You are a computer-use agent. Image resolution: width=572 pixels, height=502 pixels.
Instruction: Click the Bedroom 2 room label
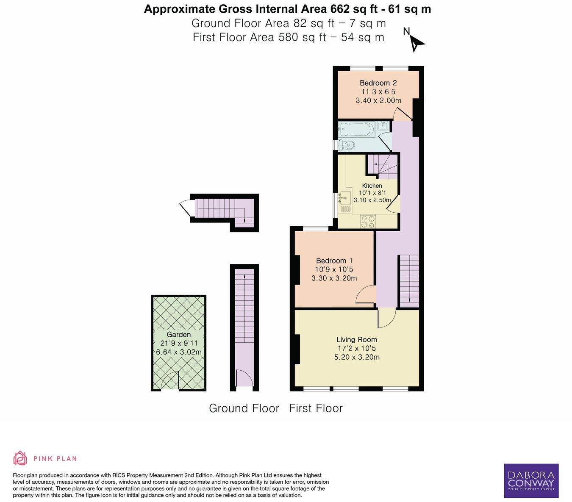(x=378, y=83)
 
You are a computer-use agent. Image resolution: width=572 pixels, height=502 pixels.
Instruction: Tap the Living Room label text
(x=356, y=339)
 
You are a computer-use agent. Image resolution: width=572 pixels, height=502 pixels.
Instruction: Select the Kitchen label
(x=372, y=186)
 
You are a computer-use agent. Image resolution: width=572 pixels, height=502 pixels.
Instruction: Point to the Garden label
(x=178, y=335)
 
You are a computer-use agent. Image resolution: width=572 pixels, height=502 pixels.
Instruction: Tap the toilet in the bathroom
(x=347, y=145)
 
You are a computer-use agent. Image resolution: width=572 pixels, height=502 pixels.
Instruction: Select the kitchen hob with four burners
(x=368, y=222)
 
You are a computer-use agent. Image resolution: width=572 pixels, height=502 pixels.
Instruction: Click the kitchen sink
(x=345, y=198)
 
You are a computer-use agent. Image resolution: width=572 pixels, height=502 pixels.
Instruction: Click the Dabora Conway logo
(x=531, y=480)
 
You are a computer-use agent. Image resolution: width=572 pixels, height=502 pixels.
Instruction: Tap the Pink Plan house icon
(x=20, y=458)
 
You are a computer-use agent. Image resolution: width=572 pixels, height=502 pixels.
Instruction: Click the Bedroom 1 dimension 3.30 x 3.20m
(x=334, y=278)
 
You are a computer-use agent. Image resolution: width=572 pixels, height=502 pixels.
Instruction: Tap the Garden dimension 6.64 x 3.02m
(x=178, y=352)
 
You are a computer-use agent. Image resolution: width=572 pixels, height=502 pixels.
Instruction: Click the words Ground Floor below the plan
(x=244, y=408)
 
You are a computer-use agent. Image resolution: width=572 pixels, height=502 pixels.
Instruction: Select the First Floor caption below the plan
(x=316, y=408)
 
